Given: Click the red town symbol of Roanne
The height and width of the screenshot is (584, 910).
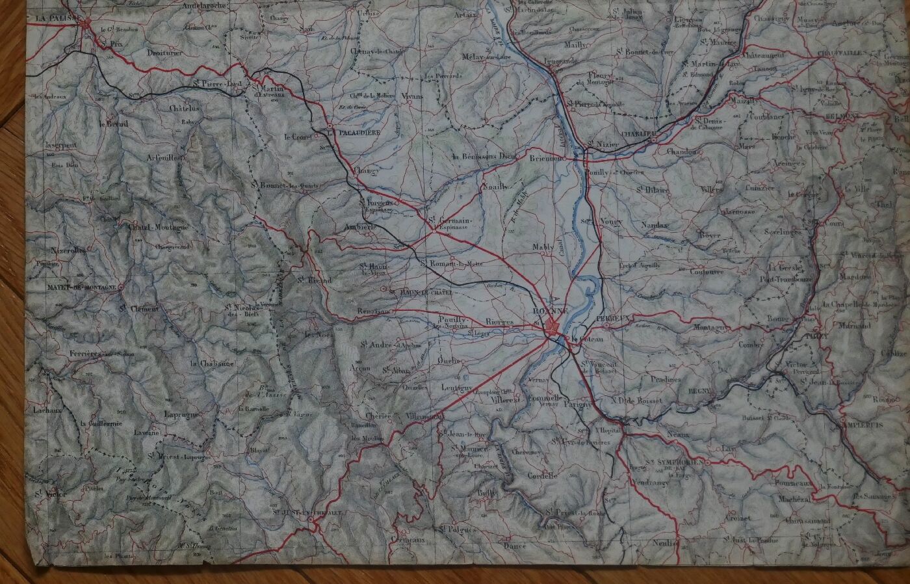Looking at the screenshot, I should [553, 326].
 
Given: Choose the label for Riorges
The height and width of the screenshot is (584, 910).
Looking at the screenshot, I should [499, 322].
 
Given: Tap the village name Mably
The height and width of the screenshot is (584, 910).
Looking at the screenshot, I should [543, 247].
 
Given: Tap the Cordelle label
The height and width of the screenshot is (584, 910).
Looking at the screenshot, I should [543, 475].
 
